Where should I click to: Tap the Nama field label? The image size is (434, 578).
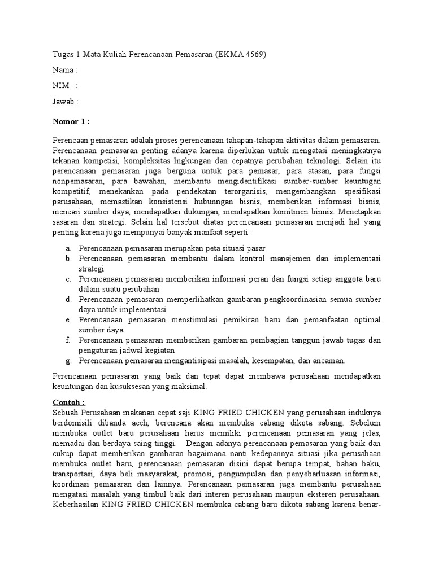63,71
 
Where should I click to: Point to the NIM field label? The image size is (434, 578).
61,86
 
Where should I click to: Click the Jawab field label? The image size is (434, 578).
63,102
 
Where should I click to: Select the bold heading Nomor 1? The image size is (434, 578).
70,121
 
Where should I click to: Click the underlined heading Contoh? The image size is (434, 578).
68,402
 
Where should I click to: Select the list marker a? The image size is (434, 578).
67,248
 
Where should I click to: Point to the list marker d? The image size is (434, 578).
67,299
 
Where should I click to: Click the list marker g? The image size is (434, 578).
67,360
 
